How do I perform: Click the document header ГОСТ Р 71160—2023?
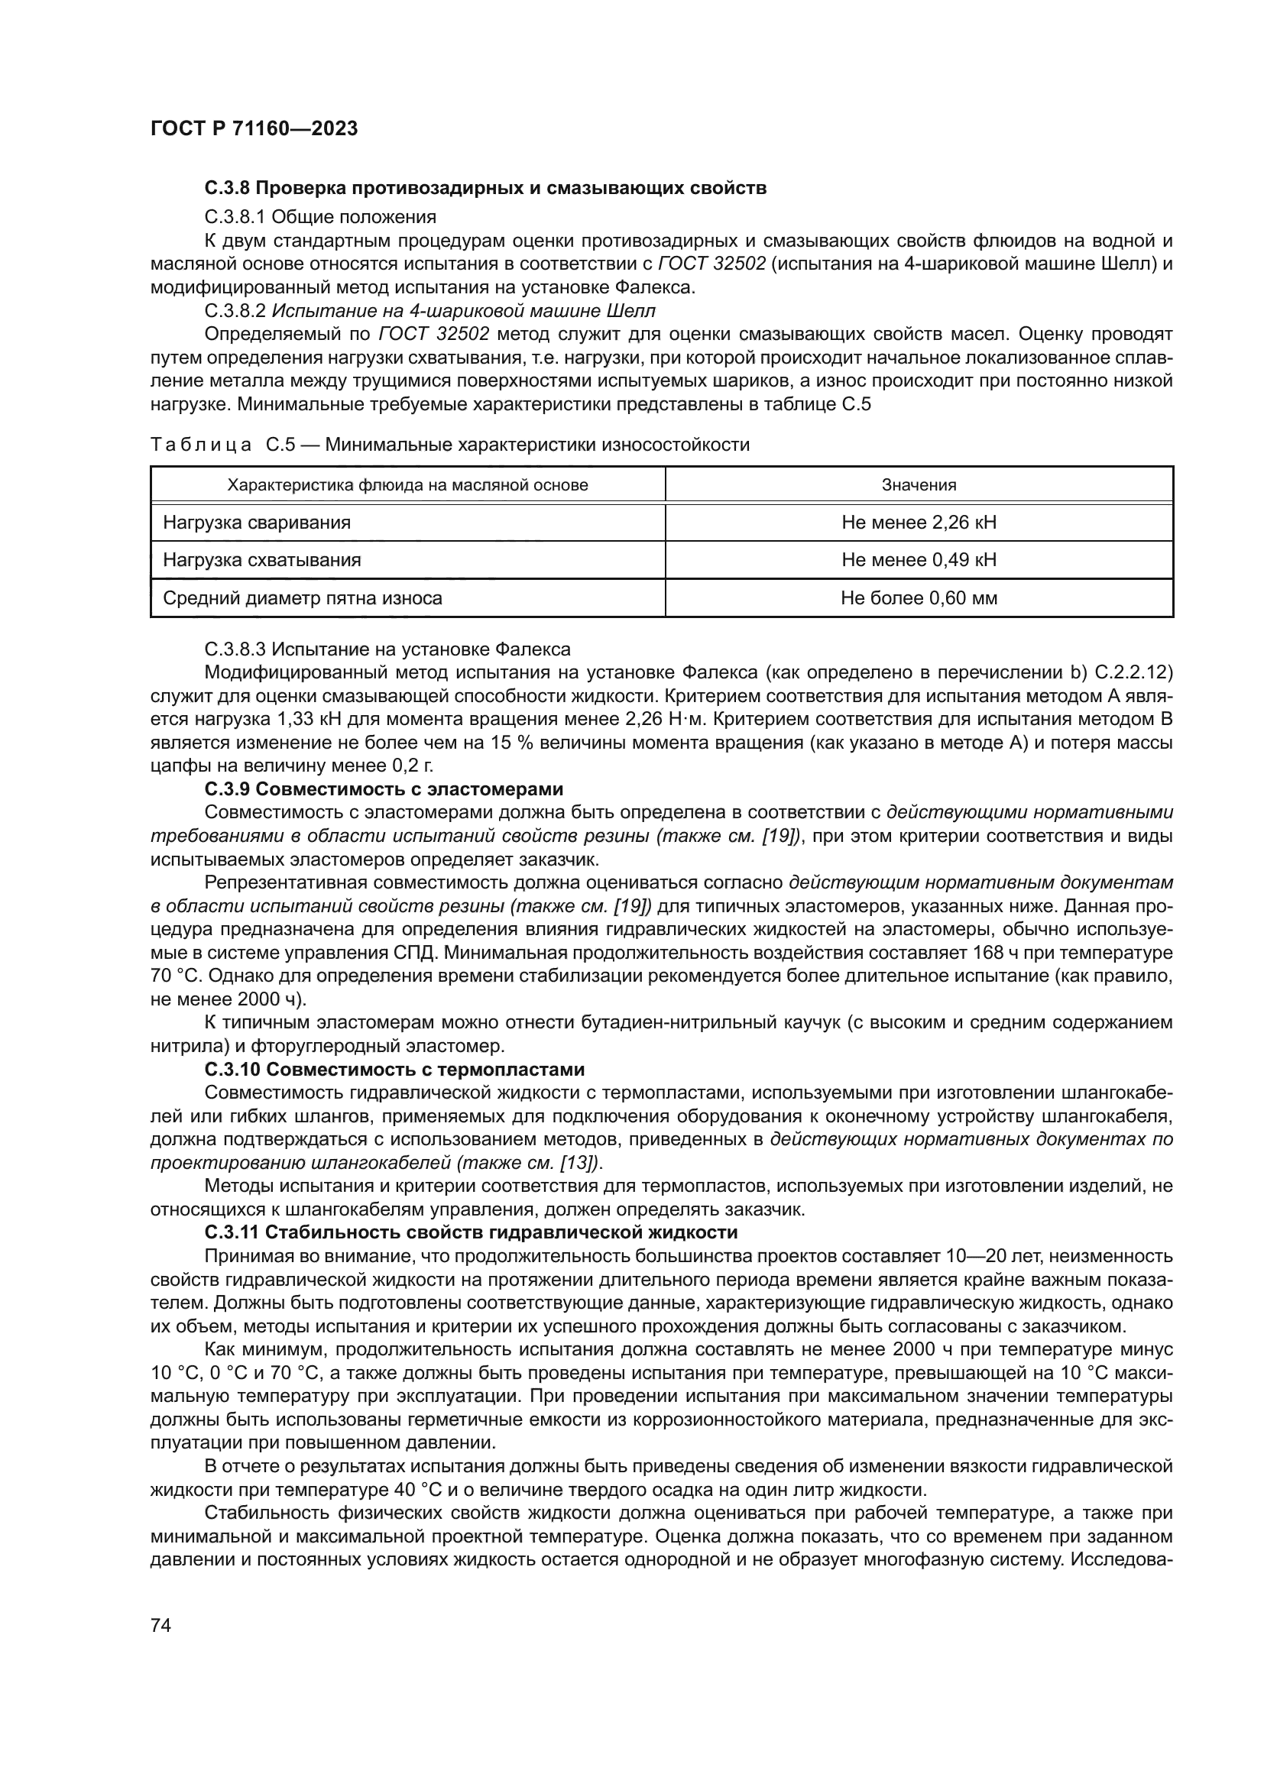(x=254, y=129)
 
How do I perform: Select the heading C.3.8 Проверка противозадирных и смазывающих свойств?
(x=486, y=189)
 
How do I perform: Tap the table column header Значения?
(x=919, y=486)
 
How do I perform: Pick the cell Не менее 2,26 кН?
(x=919, y=523)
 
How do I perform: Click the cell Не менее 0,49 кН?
(x=919, y=560)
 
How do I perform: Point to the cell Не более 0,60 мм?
(x=919, y=598)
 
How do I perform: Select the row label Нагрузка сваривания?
(x=257, y=523)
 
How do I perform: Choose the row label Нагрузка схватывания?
(x=261, y=560)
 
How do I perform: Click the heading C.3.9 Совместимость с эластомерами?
(x=384, y=789)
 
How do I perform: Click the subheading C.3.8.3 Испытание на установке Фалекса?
(x=387, y=649)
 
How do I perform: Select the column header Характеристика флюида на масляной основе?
(x=407, y=486)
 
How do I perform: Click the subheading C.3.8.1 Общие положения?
(x=320, y=216)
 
